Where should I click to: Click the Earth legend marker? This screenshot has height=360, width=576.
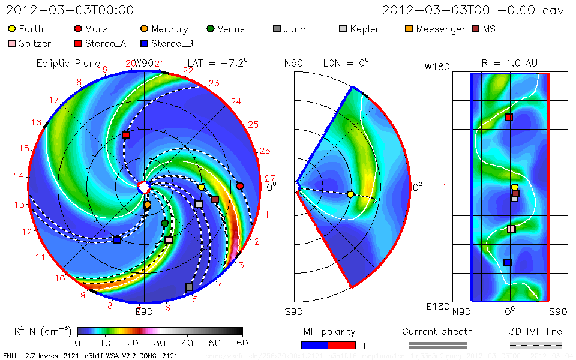(12, 29)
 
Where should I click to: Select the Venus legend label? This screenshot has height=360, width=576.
(231, 29)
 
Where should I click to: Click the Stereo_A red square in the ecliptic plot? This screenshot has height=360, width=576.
(126, 136)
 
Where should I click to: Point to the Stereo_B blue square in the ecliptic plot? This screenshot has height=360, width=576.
(117, 240)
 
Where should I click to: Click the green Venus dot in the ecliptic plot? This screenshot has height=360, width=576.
(165, 223)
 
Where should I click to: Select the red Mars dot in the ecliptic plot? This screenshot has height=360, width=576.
(240, 186)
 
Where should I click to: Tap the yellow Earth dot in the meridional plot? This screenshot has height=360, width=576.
(351, 194)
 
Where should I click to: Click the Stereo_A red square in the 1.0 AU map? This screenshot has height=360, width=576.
(509, 117)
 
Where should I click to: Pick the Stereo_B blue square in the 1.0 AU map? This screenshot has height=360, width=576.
(508, 262)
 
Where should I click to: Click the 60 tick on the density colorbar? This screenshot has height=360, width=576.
(242, 343)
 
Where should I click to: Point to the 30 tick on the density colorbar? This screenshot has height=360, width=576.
(160, 343)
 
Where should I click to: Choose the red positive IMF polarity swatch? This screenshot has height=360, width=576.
(343, 345)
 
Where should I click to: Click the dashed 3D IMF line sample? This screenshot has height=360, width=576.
(536, 345)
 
